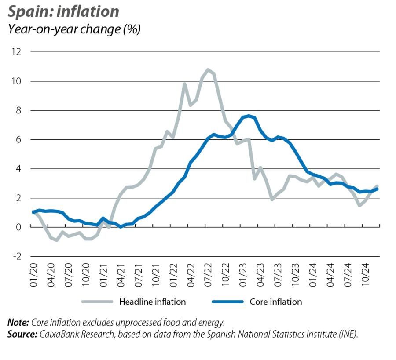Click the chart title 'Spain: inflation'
[63, 11]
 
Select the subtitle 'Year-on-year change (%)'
[74, 30]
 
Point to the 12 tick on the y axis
[17, 52]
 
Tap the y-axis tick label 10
[17, 81]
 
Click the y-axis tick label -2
[17, 256]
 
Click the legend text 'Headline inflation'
[152, 302]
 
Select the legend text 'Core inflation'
[276, 302]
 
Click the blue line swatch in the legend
[227, 302]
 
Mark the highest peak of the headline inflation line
[208, 69]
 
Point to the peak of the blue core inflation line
[249, 116]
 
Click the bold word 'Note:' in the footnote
[18, 323]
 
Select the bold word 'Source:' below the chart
[22, 334]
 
